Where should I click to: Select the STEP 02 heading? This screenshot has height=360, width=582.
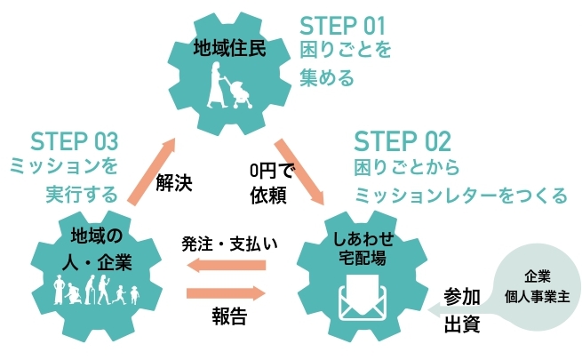click(x=403, y=142)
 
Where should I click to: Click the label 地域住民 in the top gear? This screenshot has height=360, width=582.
click(x=229, y=47)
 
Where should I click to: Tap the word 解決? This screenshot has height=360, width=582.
click(x=174, y=184)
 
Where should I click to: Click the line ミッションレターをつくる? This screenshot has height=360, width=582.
click(x=460, y=194)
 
